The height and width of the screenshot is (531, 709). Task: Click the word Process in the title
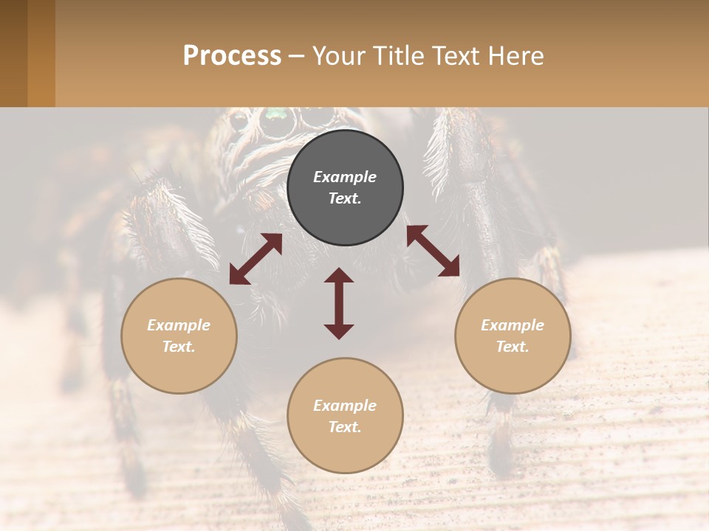[232, 56]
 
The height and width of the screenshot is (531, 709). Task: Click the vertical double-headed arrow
[339, 303]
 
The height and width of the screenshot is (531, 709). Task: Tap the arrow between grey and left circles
[256, 259]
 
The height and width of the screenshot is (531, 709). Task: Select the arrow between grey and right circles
[433, 251]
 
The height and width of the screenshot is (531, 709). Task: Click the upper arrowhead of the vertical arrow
[339, 275]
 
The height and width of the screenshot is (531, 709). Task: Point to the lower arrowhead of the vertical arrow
[339, 331]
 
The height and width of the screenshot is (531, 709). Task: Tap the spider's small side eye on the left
[239, 120]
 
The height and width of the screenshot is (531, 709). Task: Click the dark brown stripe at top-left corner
[13, 53]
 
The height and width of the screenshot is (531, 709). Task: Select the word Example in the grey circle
[345, 177]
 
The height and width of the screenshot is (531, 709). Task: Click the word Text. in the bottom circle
[345, 427]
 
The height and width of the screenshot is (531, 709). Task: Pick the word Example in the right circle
[513, 325]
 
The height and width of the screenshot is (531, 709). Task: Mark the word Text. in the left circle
[179, 347]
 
